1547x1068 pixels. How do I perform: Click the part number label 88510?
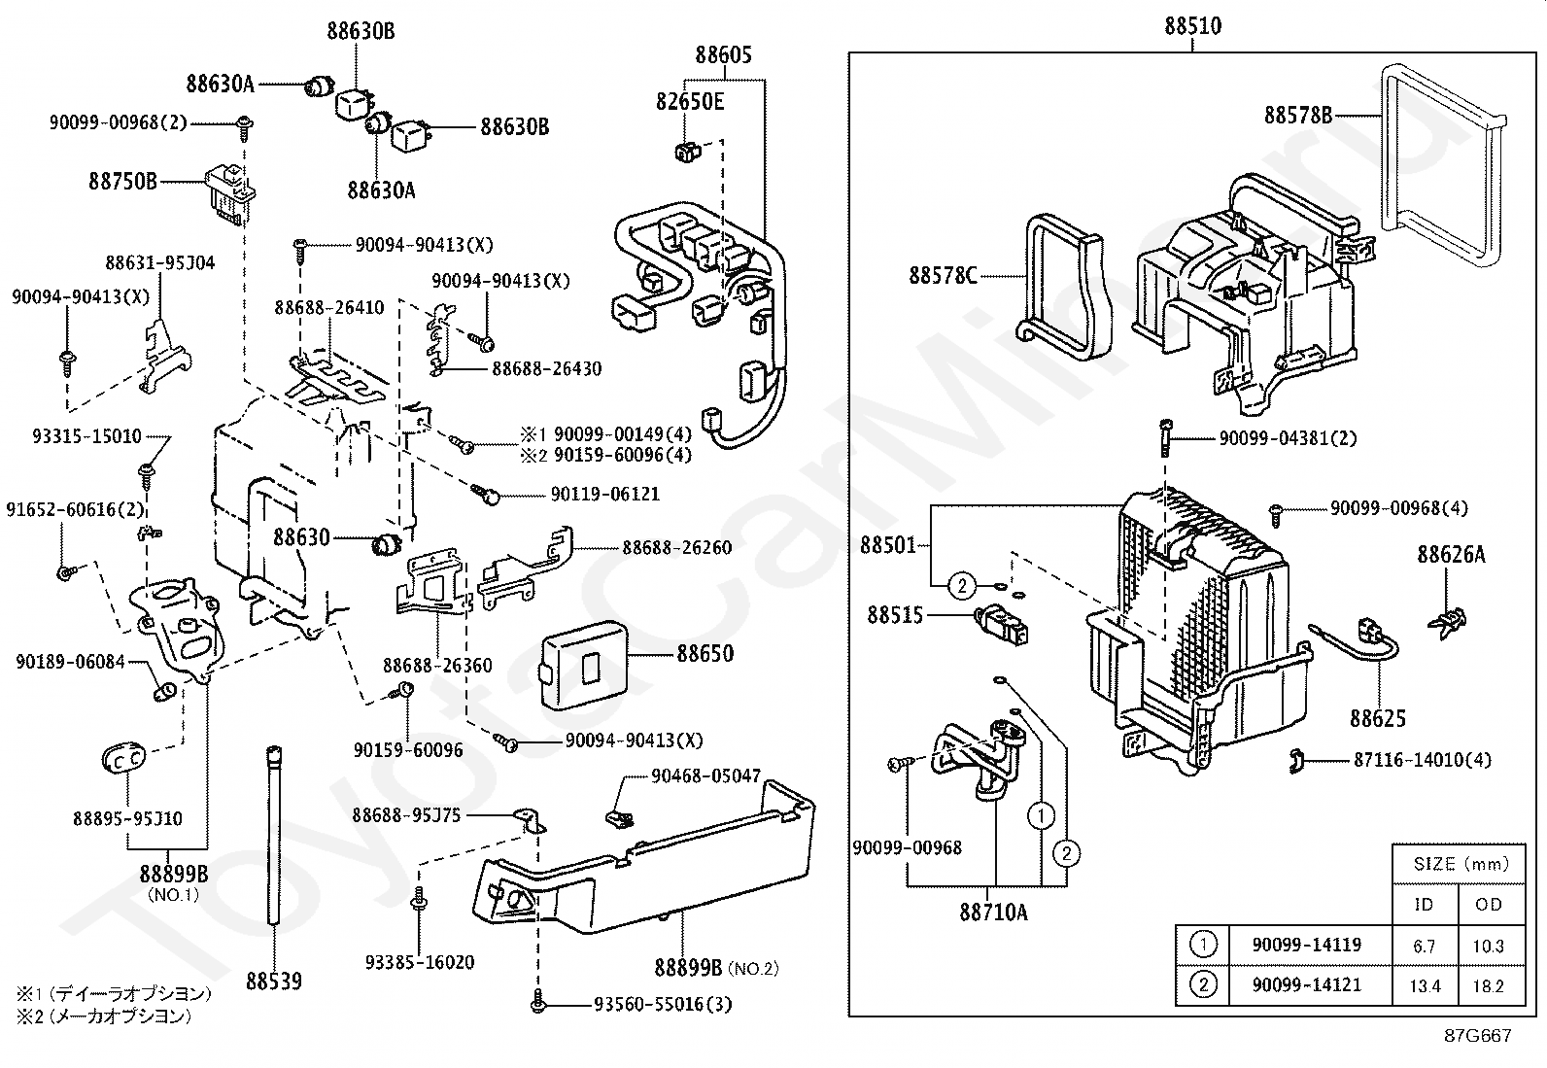pyautogui.click(x=1192, y=26)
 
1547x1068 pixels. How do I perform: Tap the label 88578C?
pyautogui.click(x=943, y=276)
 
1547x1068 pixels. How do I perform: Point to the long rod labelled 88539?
pyautogui.click(x=276, y=836)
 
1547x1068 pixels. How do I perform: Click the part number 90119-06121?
pyautogui.click(x=604, y=495)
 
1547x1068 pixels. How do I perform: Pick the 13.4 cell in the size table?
pyautogui.click(x=1424, y=985)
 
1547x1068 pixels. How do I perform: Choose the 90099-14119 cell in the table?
pyautogui.click(x=1306, y=944)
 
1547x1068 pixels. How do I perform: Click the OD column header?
pyautogui.click(x=1488, y=904)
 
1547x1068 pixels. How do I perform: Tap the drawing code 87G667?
pyautogui.click(x=1477, y=1036)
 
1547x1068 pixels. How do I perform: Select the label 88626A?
pyautogui.click(x=1450, y=555)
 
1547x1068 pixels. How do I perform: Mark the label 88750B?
pyautogui.click(x=122, y=181)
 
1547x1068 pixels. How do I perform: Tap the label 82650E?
pyautogui.click(x=689, y=101)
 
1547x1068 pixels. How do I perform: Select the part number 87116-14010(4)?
pyautogui.click(x=1422, y=760)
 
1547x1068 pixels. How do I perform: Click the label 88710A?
pyautogui.click(x=993, y=912)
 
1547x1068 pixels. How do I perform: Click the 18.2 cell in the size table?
pyautogui.click(x=1488, y=985)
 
